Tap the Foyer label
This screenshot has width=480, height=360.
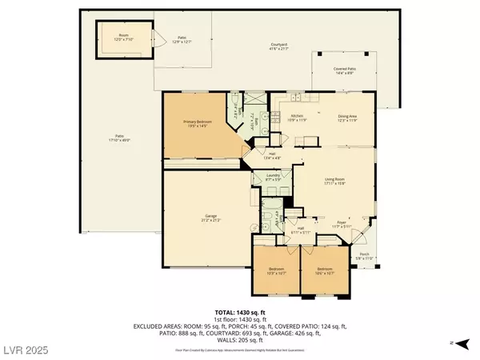(x=341, y=225)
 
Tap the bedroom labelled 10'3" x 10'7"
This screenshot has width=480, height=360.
(x=276, y=270)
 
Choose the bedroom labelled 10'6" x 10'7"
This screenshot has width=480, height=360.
(x=324, y=270)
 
